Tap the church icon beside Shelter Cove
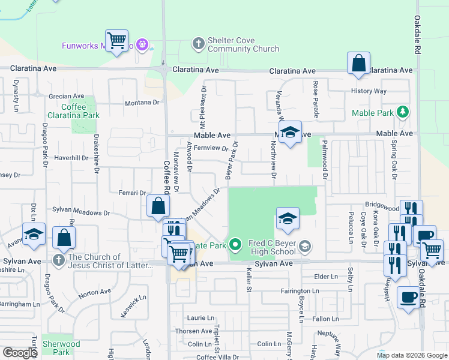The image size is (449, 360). pos(199,43)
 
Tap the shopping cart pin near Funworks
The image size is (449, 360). pos(116,41)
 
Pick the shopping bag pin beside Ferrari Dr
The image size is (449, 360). pos(157,206)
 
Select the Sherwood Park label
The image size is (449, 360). pos(61,348)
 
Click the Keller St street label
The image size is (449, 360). pos(248,280)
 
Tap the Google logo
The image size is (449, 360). pos(20,353)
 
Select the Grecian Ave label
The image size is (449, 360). pos(66,96)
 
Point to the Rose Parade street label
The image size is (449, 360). pos(315,100)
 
